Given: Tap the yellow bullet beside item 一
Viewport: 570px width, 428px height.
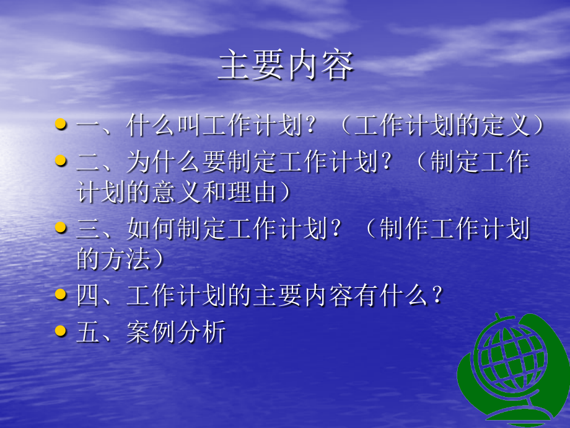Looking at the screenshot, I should pyautogui.click(x=61, y=124).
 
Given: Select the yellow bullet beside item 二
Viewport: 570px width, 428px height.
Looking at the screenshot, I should pyautogui.click(x=61, y=161).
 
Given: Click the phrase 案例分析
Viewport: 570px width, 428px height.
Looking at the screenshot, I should pyautogui.click(x=176, y=334).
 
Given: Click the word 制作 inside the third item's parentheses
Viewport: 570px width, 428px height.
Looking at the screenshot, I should pyautogui.click(x=403, y=230).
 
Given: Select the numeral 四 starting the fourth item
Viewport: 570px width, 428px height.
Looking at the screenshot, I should pyautogui.click(x=87, y=296).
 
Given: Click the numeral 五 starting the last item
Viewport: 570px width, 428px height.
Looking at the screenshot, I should pyautogui.click(x=87, y=334).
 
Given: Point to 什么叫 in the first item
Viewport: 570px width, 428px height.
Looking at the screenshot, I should pyautogui.click(x=164, y=126).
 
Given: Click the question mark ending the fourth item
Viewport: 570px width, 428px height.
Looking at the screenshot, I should pyautogui.click(x=437, y=296).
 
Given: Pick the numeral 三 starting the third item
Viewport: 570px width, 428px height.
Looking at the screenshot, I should pyautogui.click(x=87, y=230).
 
